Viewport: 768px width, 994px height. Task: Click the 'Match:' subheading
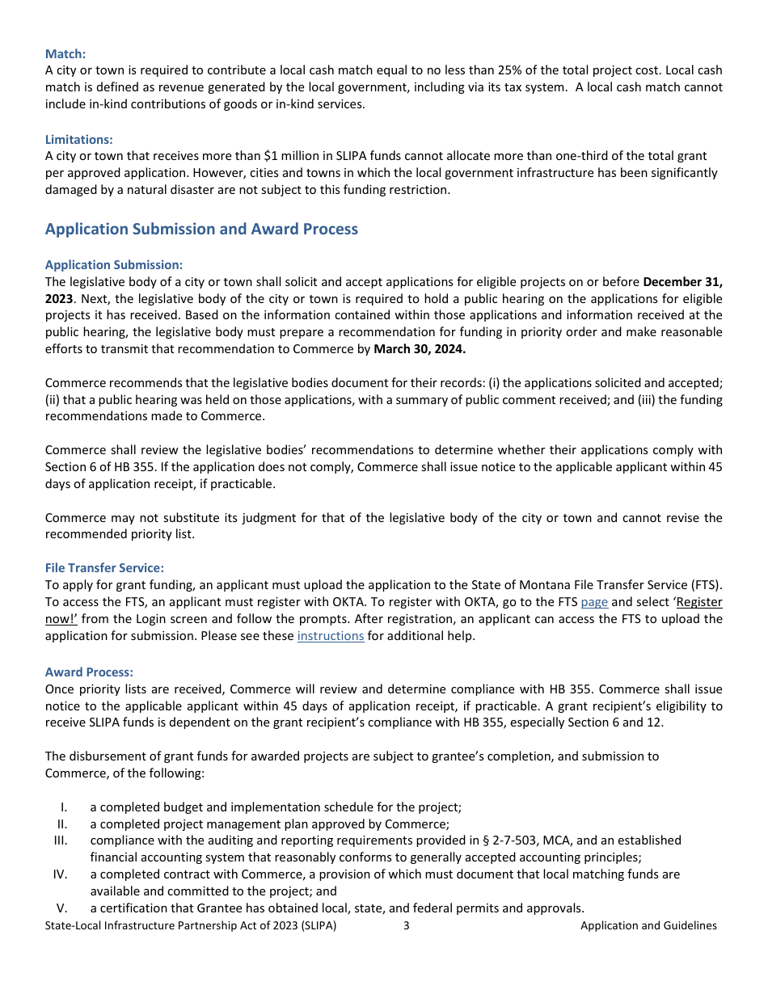point(65,54)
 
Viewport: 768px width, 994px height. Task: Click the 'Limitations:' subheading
point(79,140)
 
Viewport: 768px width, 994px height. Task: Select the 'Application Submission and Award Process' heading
point(201,230)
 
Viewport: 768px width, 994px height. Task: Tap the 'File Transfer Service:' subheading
point(104,569)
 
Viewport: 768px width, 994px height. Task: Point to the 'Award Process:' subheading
point(89,672)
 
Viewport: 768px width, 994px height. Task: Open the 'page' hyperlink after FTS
point(594,602)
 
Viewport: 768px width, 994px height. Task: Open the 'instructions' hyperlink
point(331,636)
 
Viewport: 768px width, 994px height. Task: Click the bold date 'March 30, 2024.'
point(420,349)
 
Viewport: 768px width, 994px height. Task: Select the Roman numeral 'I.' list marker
point(64,807)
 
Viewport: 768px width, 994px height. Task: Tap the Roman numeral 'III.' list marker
point(61,840)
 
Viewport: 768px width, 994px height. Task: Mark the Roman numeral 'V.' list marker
point(62,908)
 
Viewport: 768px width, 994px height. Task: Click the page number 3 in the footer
point(406,926)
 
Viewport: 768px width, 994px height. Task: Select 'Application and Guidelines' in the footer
point(648,926)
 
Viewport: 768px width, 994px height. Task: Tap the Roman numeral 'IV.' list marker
point(61,874)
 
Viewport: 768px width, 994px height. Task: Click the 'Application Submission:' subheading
point(114,265)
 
